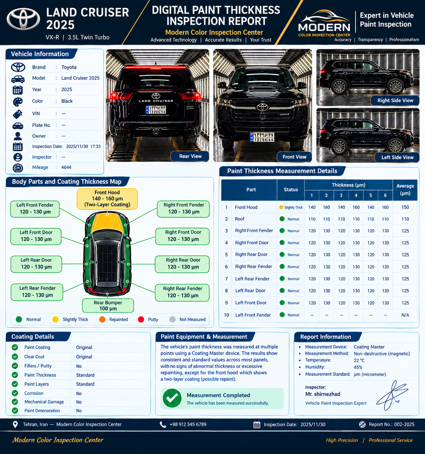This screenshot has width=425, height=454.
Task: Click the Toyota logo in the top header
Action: pos(23,19)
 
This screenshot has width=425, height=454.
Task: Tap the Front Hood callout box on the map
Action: pos(107,199)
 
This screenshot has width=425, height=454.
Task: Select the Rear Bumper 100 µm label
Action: pos(108,305)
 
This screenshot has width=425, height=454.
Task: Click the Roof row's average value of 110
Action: pos(405,219)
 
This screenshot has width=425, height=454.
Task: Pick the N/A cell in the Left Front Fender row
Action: pos(405,315)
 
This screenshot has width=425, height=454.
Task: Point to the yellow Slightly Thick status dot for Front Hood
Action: pos(281,207)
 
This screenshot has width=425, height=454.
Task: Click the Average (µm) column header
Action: pos(405,190)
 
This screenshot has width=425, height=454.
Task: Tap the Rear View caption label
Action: pos(190,156)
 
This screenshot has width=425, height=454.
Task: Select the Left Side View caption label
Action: pos(397,157)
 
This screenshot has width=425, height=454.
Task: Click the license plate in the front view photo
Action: pos(262,137)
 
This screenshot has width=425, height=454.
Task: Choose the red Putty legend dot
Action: pos(141,319)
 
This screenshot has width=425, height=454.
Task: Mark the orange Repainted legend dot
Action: pos(102,319)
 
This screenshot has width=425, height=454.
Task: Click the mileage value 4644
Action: pos(66,167)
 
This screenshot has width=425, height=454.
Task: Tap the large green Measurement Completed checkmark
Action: pos(172,398)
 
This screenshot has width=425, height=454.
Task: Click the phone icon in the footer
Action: pos(162,425)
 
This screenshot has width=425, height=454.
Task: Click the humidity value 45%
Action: pos(358,367)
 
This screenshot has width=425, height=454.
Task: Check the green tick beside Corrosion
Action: pos(15,393)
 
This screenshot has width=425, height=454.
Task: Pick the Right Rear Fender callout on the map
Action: pos(182,293)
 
